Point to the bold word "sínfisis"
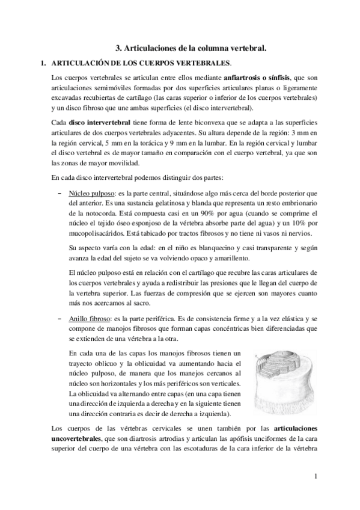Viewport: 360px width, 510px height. coord(285,79)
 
